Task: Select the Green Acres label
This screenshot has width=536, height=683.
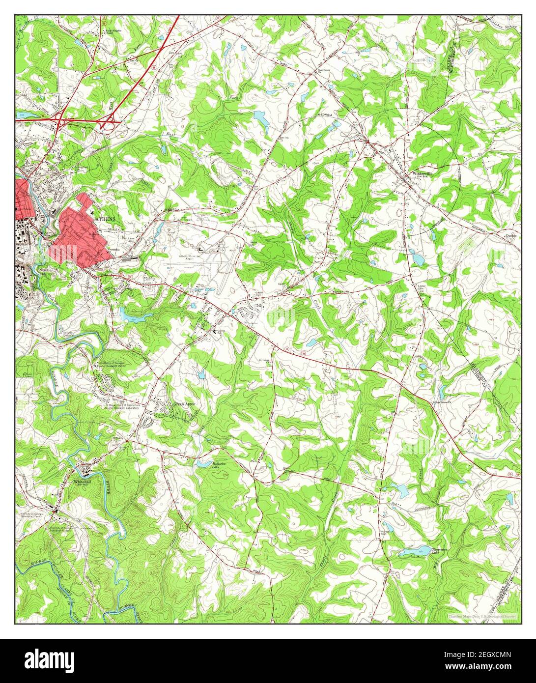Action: [x=184, y=404]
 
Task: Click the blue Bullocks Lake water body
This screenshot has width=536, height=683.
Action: [x=203, y=462]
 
